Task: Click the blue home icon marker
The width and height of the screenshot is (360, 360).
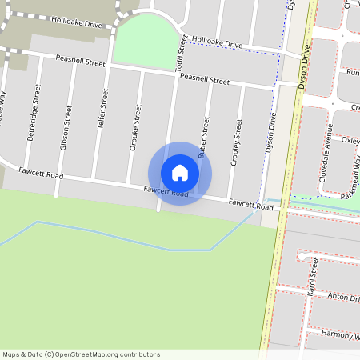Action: [180, 173]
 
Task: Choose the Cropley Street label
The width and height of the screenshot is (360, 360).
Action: [237, 142]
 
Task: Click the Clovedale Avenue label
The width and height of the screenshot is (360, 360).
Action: [326, 154]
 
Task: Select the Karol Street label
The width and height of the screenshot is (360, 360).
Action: [312, 277]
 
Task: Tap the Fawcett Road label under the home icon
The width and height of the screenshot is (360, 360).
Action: [166, 191]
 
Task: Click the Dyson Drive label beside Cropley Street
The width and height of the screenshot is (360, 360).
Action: [270, 133]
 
